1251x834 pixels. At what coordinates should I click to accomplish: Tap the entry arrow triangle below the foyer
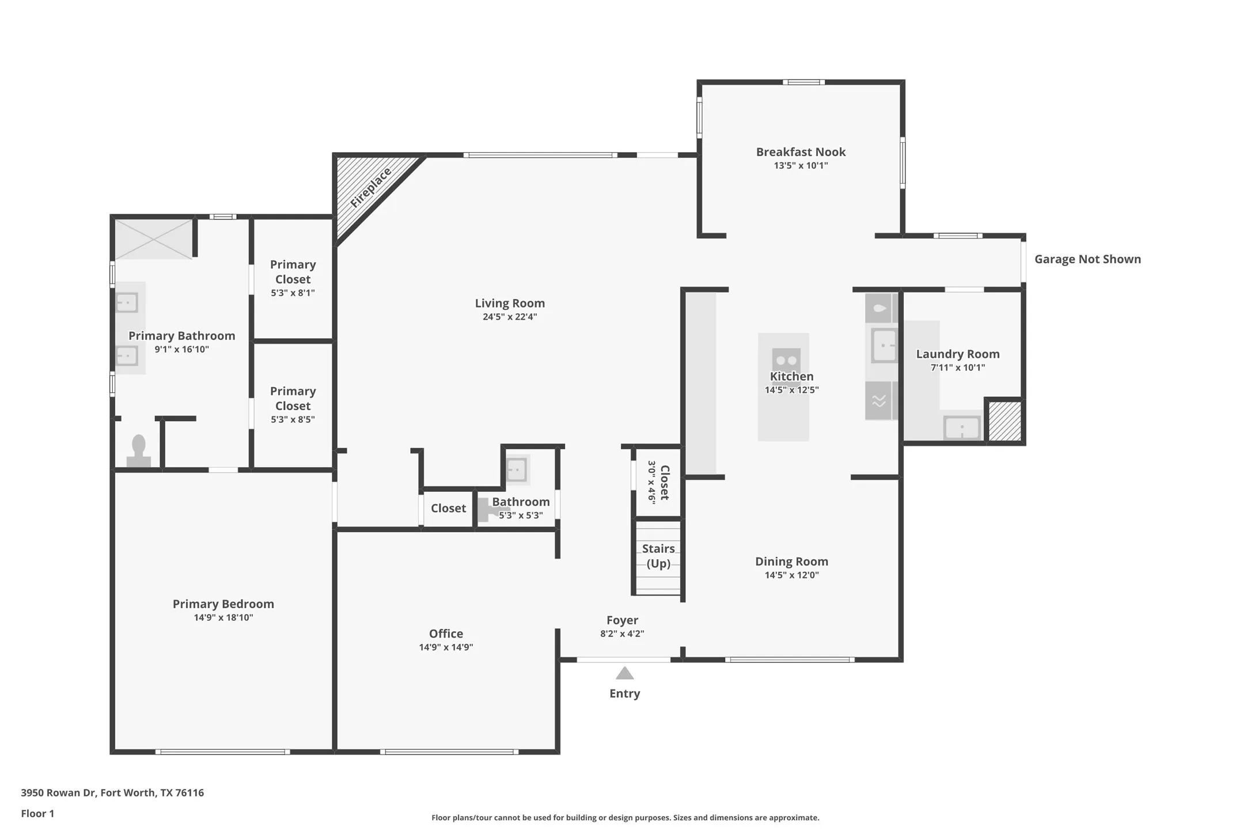point(624,673)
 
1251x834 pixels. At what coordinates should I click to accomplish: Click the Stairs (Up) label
point(658,556)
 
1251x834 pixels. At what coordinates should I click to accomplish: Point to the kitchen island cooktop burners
point(786,360)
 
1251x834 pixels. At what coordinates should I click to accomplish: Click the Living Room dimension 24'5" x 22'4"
point(509,317)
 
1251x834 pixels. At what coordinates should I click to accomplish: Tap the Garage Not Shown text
point(1087,259)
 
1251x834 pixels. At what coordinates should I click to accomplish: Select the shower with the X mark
point(153,239)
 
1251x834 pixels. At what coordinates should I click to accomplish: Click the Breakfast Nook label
point(800,152)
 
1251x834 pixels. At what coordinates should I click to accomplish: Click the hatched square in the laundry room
point(1004,422)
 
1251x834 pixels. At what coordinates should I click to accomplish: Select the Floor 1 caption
point(37,813)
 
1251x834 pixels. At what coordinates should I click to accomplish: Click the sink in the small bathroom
point(515,469)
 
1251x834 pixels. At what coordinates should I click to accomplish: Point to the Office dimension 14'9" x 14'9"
point(446,647)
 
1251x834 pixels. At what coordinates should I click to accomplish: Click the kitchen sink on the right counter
point(883,346)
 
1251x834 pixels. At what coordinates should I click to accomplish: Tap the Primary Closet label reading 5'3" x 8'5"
point(293,405)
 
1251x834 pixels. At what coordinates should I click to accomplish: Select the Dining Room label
point(791,562)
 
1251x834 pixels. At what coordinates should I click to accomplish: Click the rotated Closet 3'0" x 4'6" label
point(658,483)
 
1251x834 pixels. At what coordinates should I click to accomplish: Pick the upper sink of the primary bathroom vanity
point(127,302)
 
